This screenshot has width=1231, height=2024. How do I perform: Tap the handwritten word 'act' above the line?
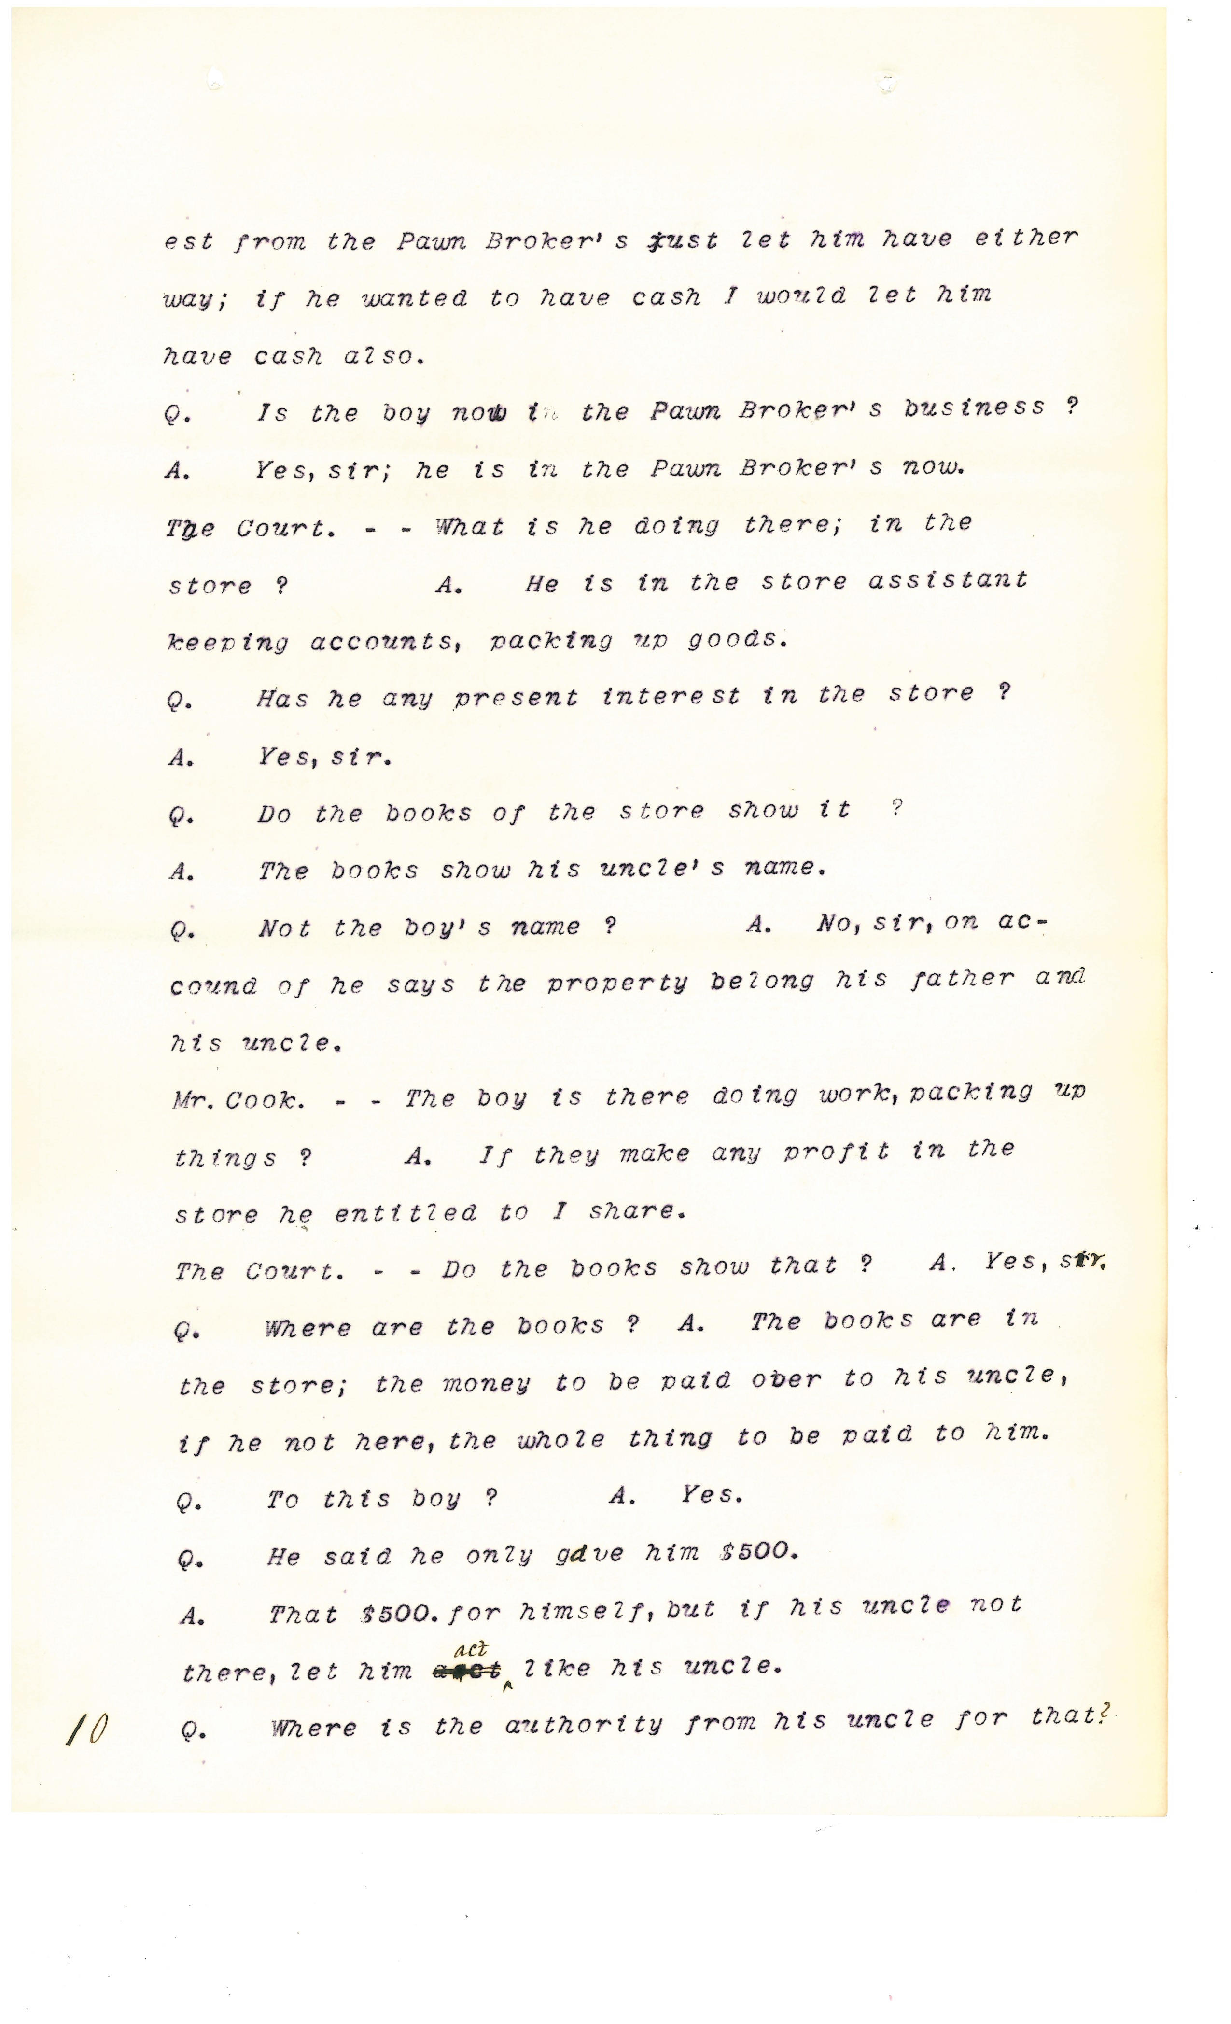tap(471, 1649)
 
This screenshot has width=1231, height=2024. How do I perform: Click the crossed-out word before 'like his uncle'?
tap(466, 1670)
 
